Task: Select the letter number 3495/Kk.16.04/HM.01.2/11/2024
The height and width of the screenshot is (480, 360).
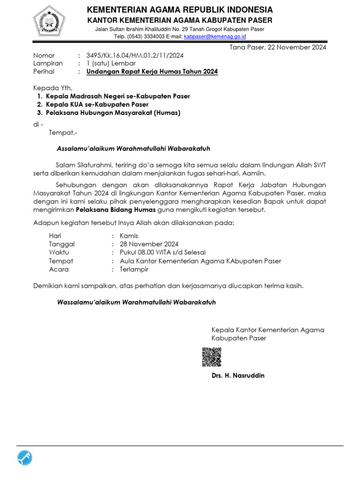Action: pos(135,55)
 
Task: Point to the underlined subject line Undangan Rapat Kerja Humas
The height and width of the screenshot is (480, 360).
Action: pos(152,71)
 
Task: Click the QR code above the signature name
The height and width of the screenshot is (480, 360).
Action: pos(211,357)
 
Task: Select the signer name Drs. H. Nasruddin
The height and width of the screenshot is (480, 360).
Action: pos(238,375)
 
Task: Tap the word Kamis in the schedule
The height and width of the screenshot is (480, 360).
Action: pos(129,236)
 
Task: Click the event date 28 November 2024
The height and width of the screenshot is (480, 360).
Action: pos(149,244)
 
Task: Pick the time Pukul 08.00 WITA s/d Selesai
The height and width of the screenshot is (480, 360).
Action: pos(163,253)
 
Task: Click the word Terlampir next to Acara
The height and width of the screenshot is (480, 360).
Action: pos(134,269)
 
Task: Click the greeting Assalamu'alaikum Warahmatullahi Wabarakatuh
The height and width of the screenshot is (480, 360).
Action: pos(133,149)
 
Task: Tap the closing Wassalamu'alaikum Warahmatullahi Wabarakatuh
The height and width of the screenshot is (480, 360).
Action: pos(136,302)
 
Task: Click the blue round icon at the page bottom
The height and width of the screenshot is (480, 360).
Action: pos(24,457)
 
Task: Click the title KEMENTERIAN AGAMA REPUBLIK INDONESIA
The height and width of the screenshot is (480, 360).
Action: pos(180,10)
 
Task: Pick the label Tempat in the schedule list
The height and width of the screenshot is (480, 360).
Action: pos(61,261)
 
